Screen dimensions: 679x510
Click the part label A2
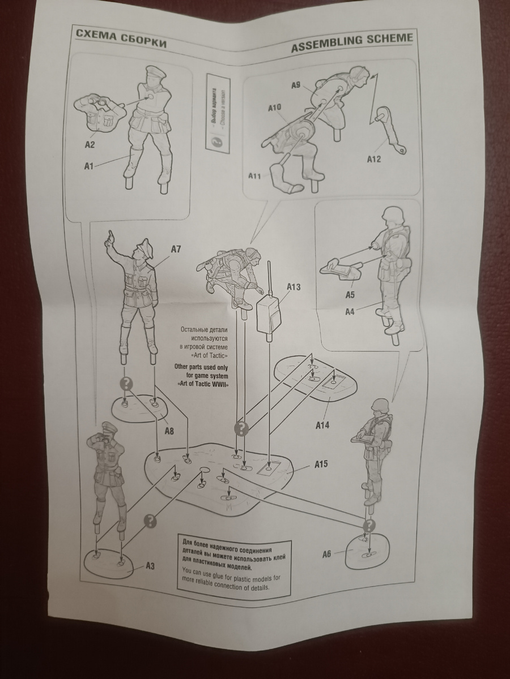click(x=90, y=145)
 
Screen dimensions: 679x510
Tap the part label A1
click(x=88, y=166)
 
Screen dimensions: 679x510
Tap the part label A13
click(x=294, y=287)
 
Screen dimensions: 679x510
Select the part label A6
click(x=326, y=554)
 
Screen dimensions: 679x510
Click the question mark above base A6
click(x=369, y=526)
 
